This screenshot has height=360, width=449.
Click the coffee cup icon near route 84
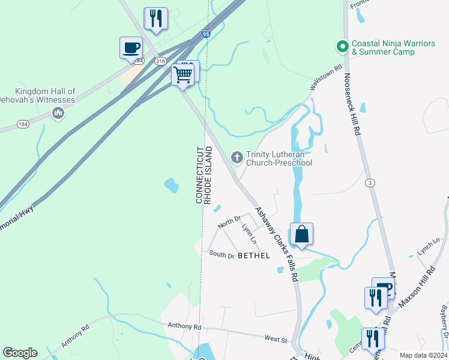(x=130, y=47)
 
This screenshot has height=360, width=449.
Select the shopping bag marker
(x=301, y=234)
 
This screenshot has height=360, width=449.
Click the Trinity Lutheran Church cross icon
(x=237, y=157)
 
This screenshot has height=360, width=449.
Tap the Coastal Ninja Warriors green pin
(x=342, y=46)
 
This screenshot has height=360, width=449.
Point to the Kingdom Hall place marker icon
(x=58, y=113)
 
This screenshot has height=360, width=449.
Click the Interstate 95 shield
(x=206, y=35)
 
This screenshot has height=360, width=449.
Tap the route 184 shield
(x=23, y=124)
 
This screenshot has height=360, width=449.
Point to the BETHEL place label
(x=254, y=256)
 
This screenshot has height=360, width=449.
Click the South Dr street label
(x=221, y=255)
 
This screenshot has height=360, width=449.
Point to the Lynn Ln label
(x=249, y=233)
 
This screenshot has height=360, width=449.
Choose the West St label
(x=277, y=339)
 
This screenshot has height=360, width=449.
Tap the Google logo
(x=20, y=353)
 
